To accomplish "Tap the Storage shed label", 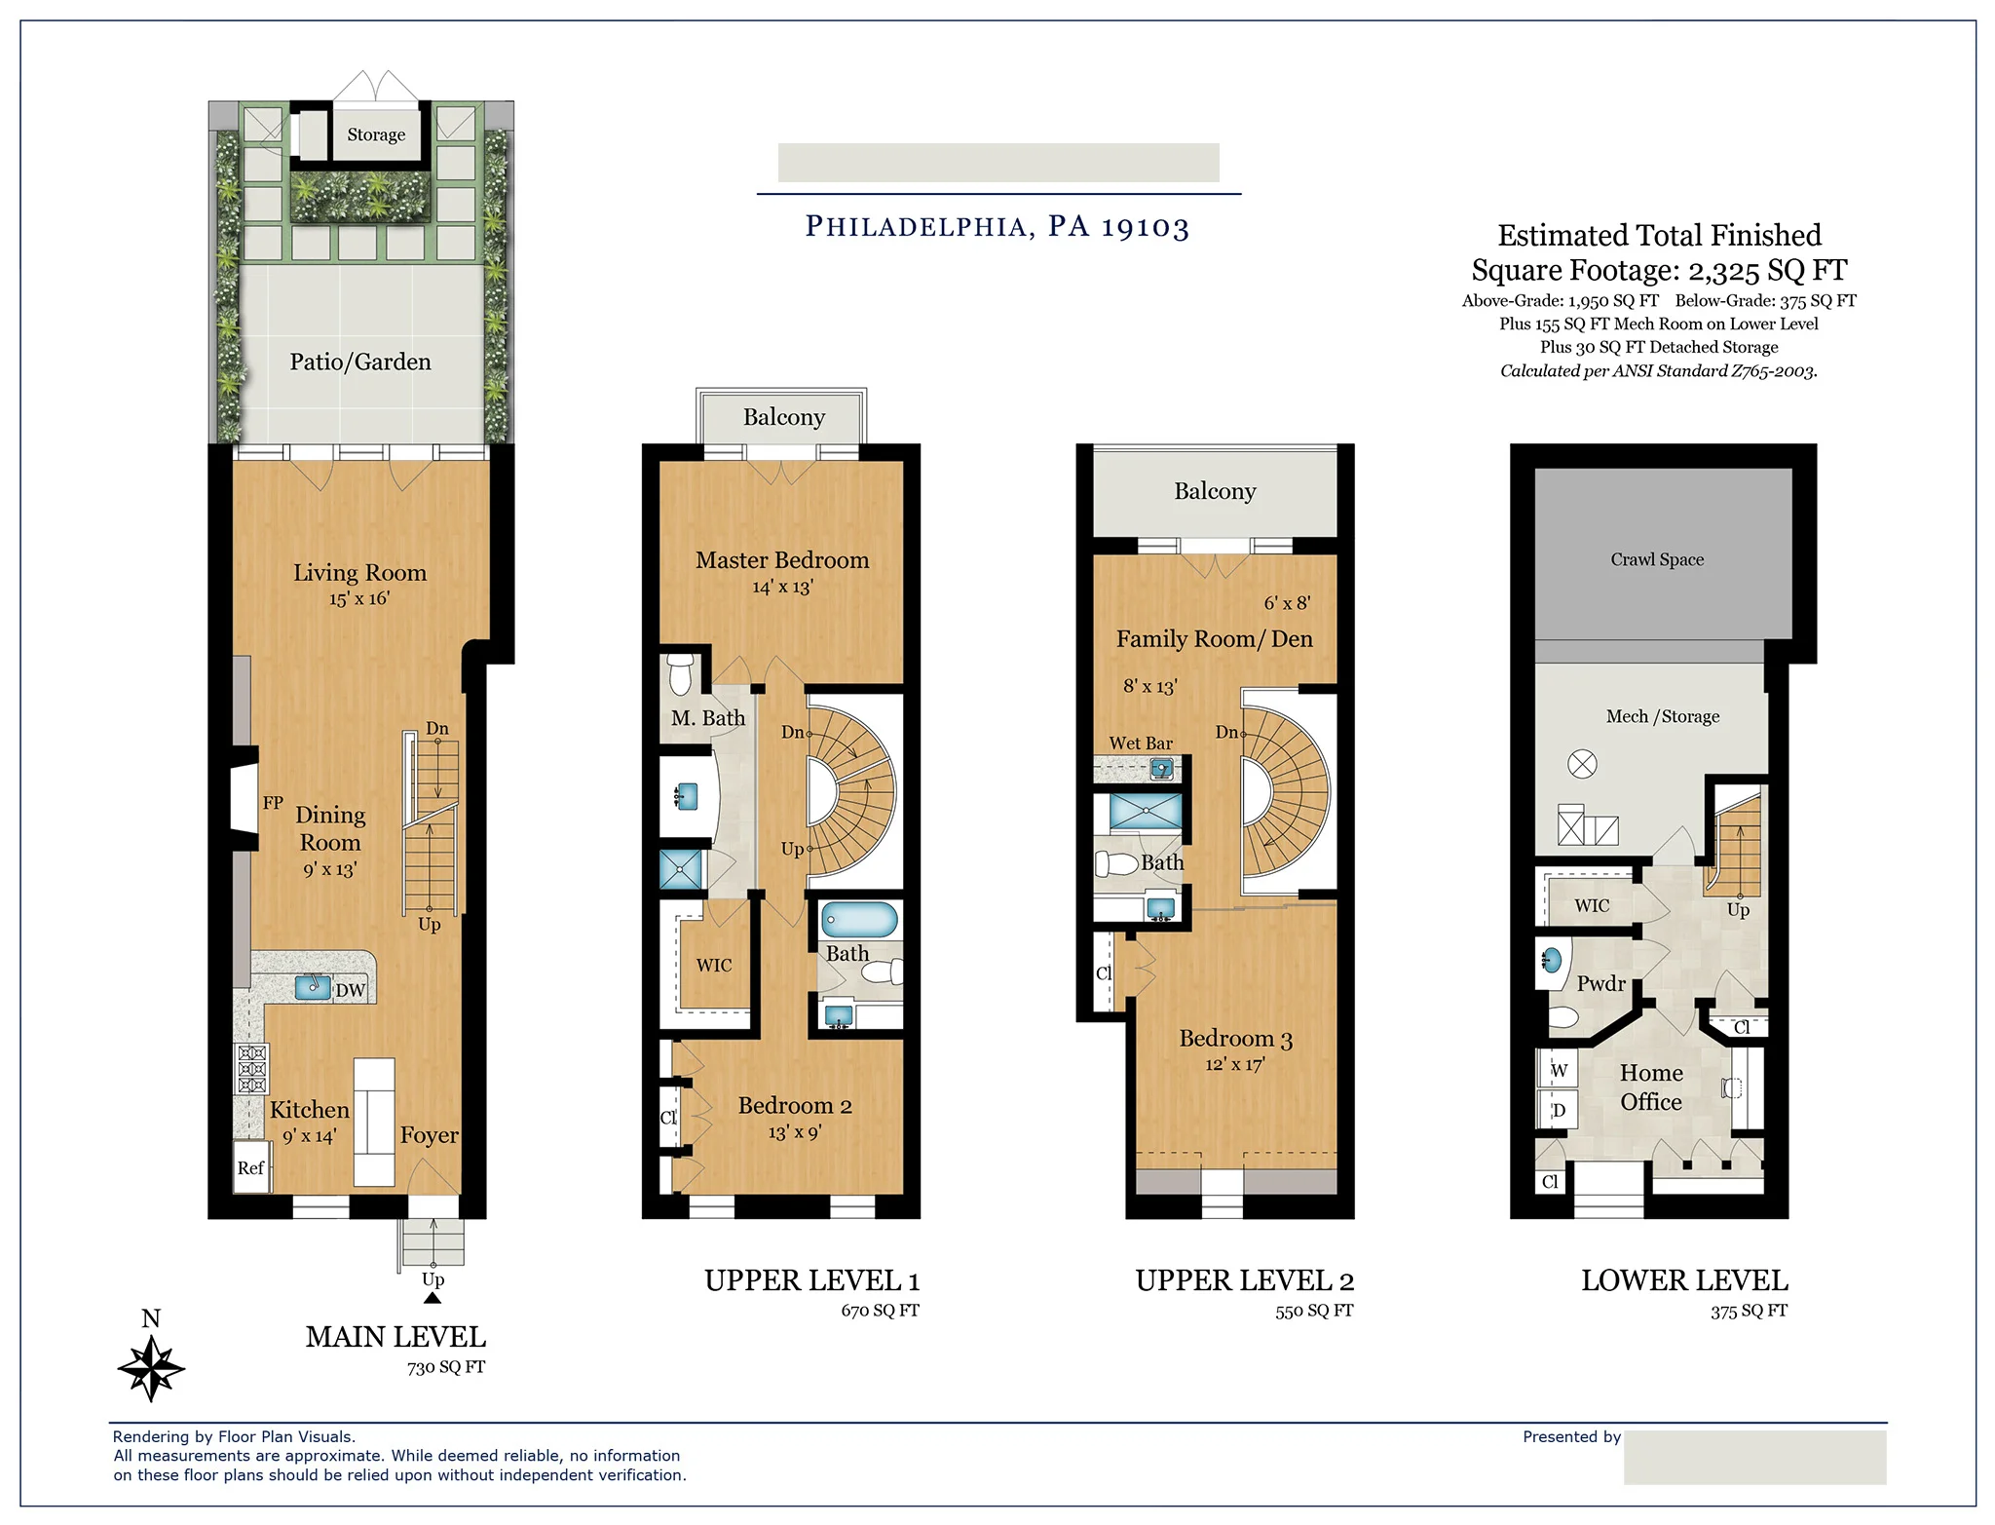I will click(376, 134).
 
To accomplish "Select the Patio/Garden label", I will click(359, 362).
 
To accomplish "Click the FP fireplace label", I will click(273, 803).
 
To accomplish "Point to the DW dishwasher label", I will click(350, 990).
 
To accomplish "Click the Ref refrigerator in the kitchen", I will click(250, 1167).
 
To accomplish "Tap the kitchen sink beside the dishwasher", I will click(313, 986).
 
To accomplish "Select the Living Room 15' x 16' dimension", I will click(358, 598).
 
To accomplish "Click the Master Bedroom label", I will click(781, 560).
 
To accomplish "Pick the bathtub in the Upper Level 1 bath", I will click(859, 919).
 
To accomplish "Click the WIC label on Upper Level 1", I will click(713, 965).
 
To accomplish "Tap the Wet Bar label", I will click(1141, 743).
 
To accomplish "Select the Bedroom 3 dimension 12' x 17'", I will click(1234, 1064).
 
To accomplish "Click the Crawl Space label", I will click(1656, 559).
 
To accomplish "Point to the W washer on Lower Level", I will click(1559, 1070).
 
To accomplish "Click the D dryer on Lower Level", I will click(1559, 1110).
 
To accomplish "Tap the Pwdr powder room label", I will click(1600, 983).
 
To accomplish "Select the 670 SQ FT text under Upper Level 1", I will click(880, 1311).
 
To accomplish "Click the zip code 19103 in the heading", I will click(1145, 227).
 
